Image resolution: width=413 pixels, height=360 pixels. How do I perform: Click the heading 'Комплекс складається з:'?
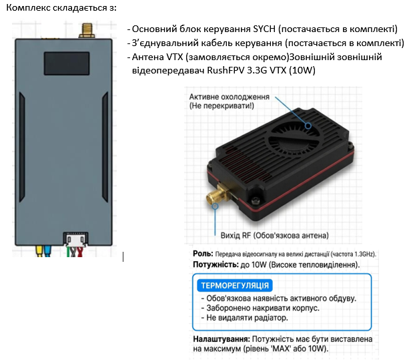coord(61,7)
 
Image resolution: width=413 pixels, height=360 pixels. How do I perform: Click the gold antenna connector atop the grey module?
coord(86,30)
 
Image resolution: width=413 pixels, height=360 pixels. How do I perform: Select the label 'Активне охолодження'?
coord(229,97)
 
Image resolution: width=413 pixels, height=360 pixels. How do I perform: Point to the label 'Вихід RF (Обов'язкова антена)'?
coord(274,236)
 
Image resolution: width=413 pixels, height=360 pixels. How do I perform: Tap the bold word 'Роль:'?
coord(202,254)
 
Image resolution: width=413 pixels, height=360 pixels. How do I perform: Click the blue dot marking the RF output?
coord(216,207)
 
